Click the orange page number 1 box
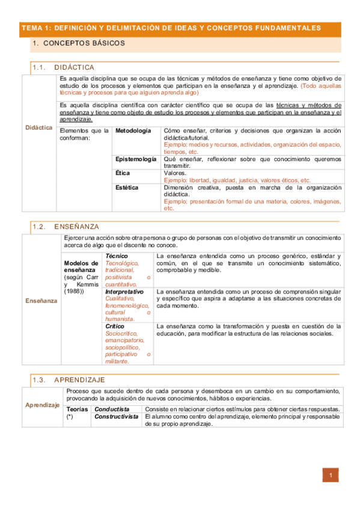[331, 475]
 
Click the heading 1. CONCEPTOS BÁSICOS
[79, 43]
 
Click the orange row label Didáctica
[39, 127]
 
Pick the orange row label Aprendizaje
[42, 405]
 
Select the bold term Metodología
[133, 131]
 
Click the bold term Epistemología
[136, 159]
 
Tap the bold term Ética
[123, 173]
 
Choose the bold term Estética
[127, 188]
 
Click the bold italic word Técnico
[116, 256]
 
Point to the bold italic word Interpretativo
[124, 291]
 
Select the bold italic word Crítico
[115, 326]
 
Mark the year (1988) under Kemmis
[74, 292]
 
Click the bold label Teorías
[77, 410]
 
